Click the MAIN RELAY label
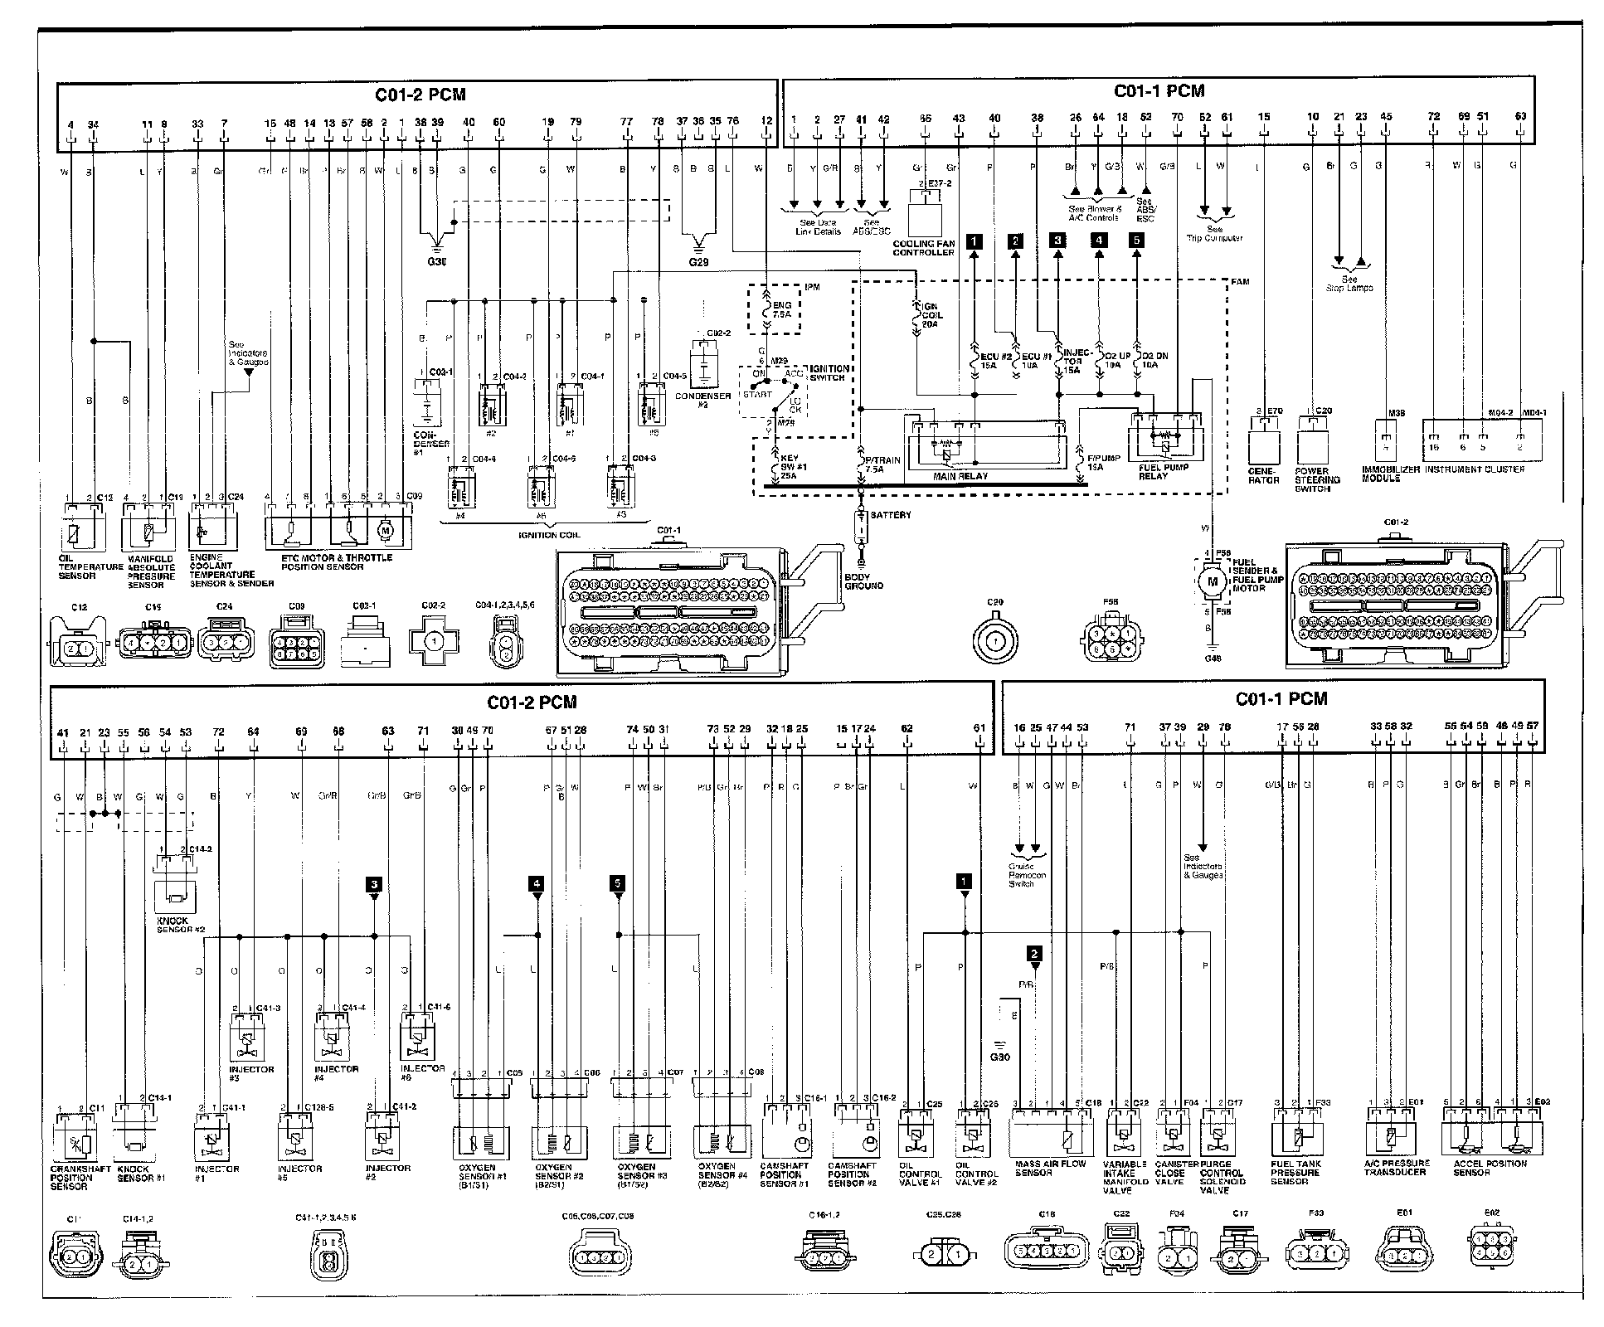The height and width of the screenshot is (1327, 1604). click(960, 476)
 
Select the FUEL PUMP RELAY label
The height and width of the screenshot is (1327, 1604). click(1164, 472)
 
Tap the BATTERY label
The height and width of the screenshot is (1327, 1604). click(891, 515)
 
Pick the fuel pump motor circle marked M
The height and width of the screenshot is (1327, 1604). click(1213, 581)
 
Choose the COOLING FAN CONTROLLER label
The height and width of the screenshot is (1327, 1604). click(923, 248)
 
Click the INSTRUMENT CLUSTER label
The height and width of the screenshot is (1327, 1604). click(1473, 469)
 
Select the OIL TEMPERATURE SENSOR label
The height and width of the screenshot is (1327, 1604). click(90, 567)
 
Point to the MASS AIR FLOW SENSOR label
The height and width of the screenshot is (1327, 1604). click(1050, 1169)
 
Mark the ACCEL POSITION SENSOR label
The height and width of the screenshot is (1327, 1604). click(1489, 1169)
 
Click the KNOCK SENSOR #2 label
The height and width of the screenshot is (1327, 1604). click(180, 925)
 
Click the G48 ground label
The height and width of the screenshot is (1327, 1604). click(1213, 659)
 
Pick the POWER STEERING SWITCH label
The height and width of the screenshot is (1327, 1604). click(1317, 480)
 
